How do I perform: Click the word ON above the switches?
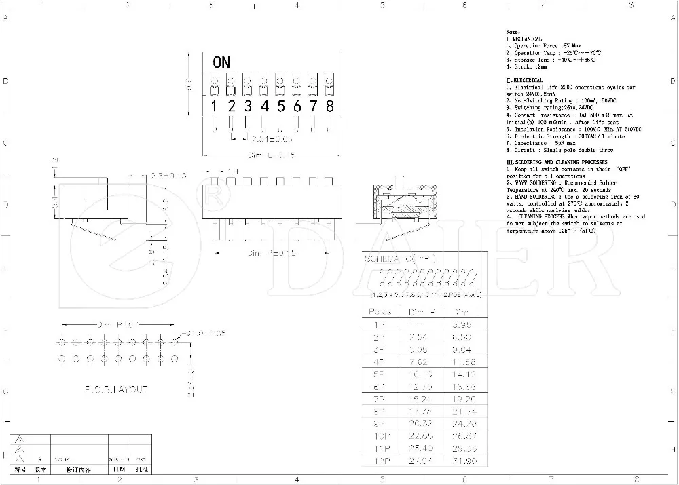click(221, 62)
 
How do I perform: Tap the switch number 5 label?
click(280, 106)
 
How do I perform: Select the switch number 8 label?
click(330, 106)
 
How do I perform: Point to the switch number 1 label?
click(214, 106)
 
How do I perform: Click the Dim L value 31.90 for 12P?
click(464, 461)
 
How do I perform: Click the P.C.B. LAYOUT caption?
click(116, 389)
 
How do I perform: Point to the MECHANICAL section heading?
click(524, 39)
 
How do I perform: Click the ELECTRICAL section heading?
click(525, 80)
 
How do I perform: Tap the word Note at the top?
click(513, 32)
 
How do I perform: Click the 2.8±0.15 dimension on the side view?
click(168, 176)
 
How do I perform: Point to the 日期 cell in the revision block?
click(119, 469)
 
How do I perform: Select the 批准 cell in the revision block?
click(141, 469)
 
